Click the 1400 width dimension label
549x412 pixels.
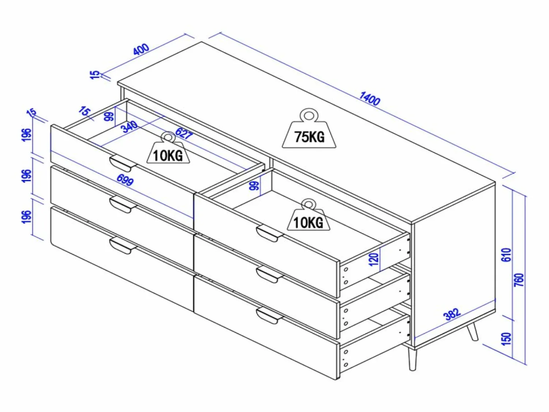click(x=370, y=98)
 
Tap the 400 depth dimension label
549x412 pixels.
click(x=141, y=49)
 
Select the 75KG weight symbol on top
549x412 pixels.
click(x=309, y=128)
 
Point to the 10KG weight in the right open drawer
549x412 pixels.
click(x=309, y=215)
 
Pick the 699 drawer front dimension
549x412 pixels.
click(x=125, y=180)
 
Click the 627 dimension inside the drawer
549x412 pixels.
click(x=184, y=133)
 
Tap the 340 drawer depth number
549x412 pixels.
click(x=129, y=127)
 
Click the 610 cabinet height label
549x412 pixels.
click(x=507, y=255)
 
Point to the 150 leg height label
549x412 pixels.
click(x=507, y=339)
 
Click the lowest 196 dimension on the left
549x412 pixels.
click(x=27, y=217)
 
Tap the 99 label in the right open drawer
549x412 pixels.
click(x=254, y=186)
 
